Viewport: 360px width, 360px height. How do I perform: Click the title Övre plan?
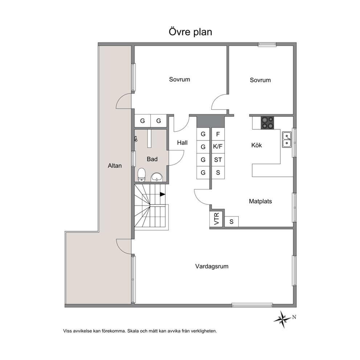click(190, 32)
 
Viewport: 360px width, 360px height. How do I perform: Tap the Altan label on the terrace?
click(115, 165)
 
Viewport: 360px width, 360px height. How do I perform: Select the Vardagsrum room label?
click(212, 266)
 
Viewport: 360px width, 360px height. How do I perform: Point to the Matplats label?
click(260, 201)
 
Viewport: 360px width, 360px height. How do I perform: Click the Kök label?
click(257, 145)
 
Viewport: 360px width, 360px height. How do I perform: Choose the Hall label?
click(182, 143)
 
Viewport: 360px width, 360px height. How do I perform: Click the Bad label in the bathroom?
click(152, 159)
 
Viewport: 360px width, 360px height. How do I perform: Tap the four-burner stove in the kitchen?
click(267, 123)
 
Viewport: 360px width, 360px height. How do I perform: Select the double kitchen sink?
click(287, 140)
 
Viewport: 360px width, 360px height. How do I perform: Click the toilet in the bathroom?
click(142, 175)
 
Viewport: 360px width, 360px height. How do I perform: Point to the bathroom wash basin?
click(157, 177)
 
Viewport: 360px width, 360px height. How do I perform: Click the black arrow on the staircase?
click(163, 194)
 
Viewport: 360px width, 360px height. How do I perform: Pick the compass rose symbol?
click(282, 319)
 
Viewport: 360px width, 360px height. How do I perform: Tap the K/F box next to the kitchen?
click(218, 147)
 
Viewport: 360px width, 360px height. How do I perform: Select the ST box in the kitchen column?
click(218, 160)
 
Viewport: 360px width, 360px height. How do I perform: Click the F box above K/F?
click(218, 134)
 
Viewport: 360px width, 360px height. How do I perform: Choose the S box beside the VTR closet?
click(232, 222)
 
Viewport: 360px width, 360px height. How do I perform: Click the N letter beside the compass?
click(294, 317)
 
